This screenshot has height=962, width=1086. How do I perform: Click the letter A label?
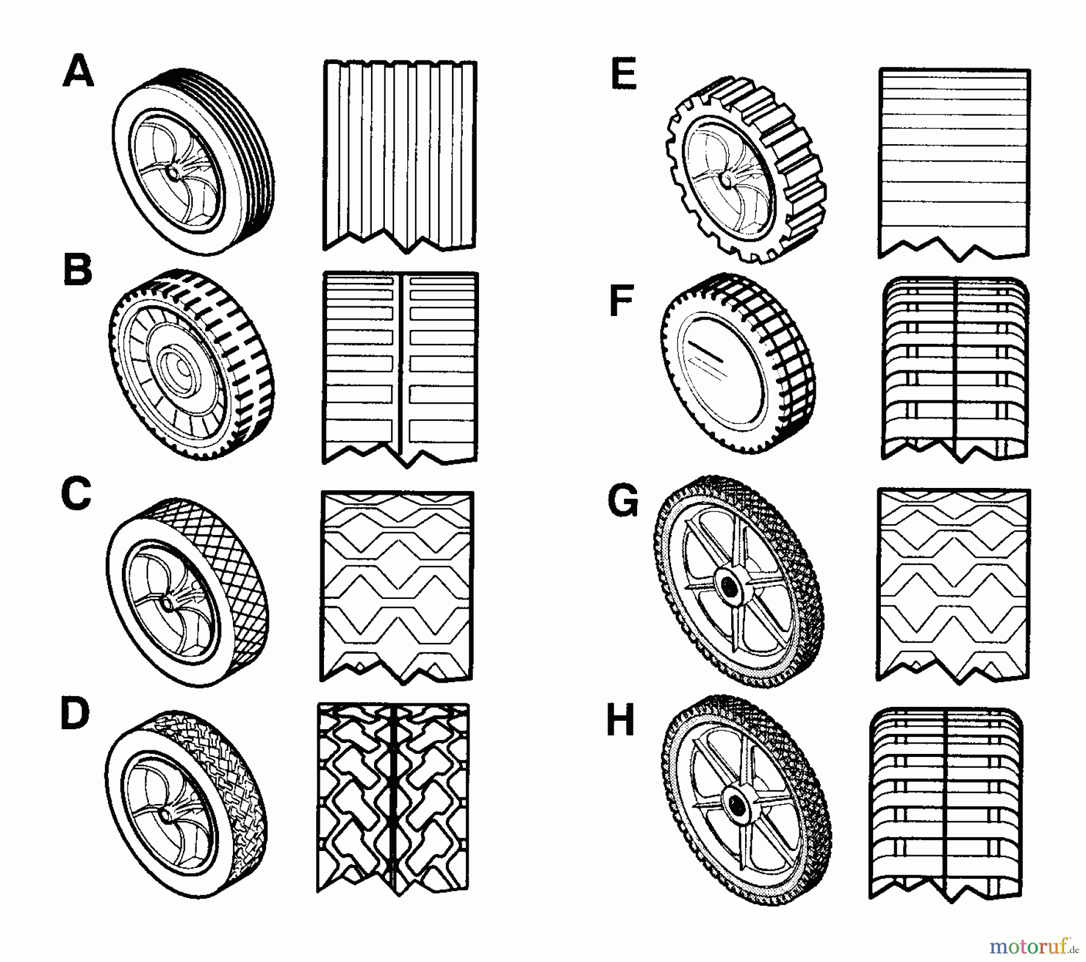[x=78, y=71]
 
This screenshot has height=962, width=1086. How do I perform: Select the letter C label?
[x=76, y=495]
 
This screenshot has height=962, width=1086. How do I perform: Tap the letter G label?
[x=623, y=502]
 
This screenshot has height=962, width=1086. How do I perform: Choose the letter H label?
[x=620, y=721]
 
